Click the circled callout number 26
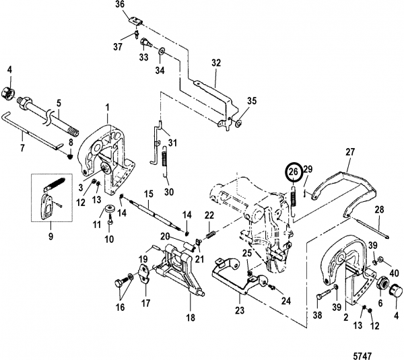[x=295, y=172]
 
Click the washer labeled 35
[x=238, y=123]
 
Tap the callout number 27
[x=350, y=151]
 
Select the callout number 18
[x=191, y=318]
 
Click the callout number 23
[x=240, y=310]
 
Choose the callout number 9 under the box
[x=50, y=236]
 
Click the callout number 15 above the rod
[x=149, y=194]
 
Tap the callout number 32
[x=216, y=63]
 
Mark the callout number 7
[x=22, y=148]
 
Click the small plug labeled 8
[x=70, y=156]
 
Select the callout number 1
[x=107, y=107]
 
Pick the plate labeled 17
[x=145, y=274]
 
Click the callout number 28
[x=380, y=210]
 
